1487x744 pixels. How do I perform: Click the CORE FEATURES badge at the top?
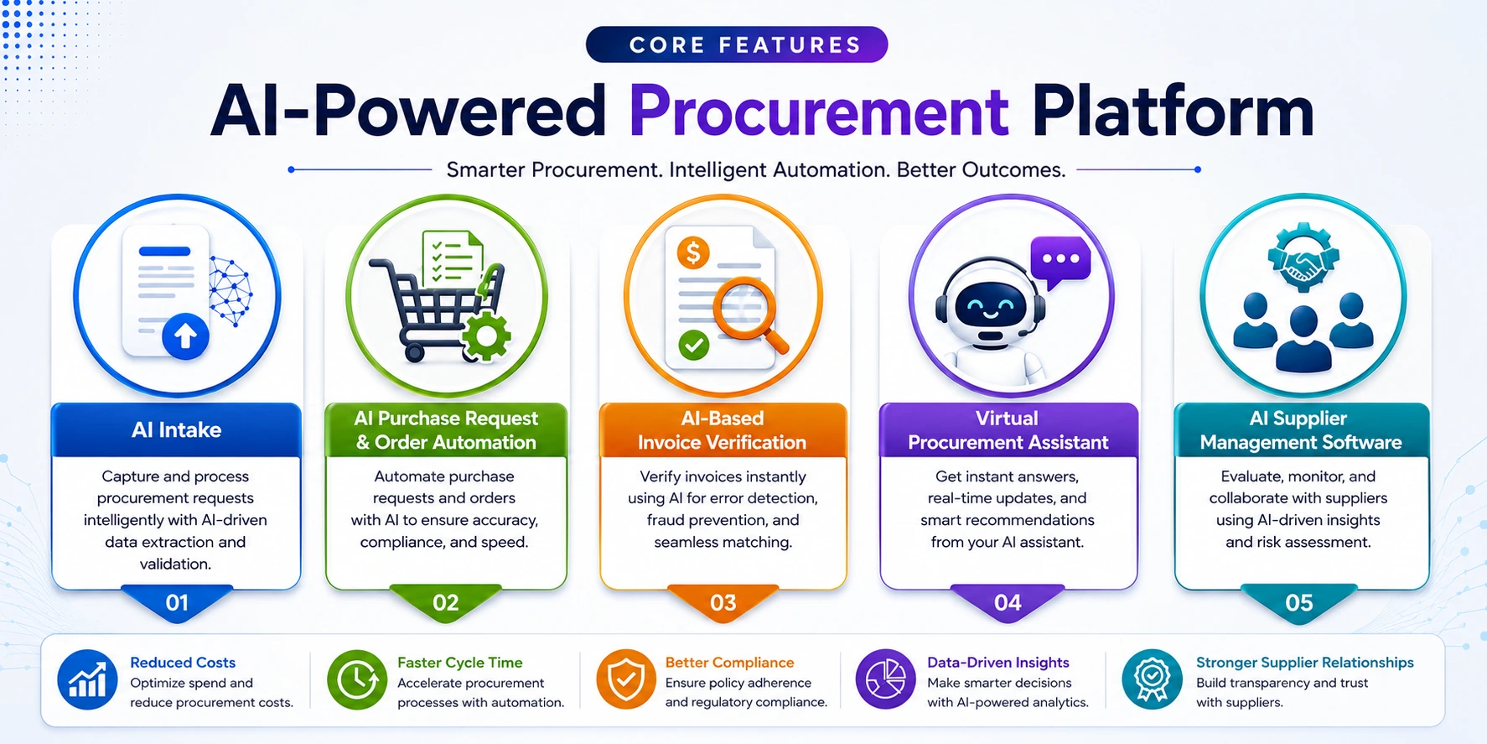click(x=737, y=44)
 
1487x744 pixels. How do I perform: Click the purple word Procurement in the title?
click(x=819, y=112)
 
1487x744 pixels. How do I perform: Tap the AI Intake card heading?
click(x=177, y=430)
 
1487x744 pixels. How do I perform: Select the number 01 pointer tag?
click(x=177, y=602)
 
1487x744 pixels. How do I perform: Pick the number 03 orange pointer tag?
click(x=723, y=602)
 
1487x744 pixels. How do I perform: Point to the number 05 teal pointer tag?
click(x=1299, y=602)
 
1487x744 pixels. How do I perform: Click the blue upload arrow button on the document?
click(x=185, y=336)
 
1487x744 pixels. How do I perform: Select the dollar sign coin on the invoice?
click(x=693, y=252)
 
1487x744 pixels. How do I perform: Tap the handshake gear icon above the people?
click(x=1303, y=258)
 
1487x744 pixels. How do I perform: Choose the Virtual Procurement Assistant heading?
click(x=1008, y=430)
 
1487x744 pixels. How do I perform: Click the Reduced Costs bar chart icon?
click(x=87, y=679)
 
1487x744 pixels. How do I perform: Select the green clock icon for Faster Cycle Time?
click(x=357, y=679)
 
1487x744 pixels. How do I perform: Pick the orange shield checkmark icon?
click(x=626, y=679)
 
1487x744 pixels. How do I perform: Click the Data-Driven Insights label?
click(x=997, y=663)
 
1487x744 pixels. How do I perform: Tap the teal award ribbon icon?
click(x=1153, y=679)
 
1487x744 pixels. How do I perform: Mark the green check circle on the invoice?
click(x=694, y=344)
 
